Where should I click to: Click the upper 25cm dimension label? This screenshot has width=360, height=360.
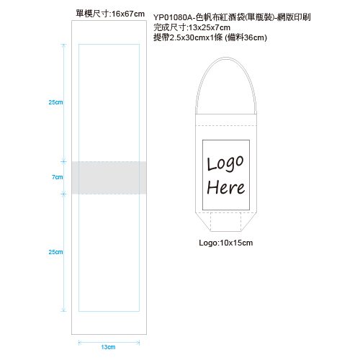coord(55,102)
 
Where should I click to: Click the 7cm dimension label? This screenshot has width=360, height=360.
coord(58,177)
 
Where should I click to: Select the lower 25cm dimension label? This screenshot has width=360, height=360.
coord(55,252)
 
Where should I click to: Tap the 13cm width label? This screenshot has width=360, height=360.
coord(108,347)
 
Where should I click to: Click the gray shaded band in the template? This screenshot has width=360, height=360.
coord(109,178)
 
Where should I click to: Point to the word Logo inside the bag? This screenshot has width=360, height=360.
coord(225,163)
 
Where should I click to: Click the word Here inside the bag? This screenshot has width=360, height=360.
coord(226,187)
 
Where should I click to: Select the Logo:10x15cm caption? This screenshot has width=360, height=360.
coord(226,243)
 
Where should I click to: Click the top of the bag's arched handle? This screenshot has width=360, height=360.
coord(226,58)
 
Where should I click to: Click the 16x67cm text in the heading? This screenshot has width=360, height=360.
coord(128,14)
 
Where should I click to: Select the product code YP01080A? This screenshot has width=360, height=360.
coord(173,17)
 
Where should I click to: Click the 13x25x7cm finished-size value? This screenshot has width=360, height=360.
coord(210,27)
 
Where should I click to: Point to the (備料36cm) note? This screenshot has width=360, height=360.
coord(246,37)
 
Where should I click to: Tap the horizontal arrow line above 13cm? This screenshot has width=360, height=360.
coord(109,343)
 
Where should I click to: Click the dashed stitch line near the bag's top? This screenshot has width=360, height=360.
coord(226,125)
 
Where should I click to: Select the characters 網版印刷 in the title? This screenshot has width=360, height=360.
coord(294,17)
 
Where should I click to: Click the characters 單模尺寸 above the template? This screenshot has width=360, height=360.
coord(92,14)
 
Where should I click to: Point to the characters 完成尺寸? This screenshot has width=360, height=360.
coord(170,27)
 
